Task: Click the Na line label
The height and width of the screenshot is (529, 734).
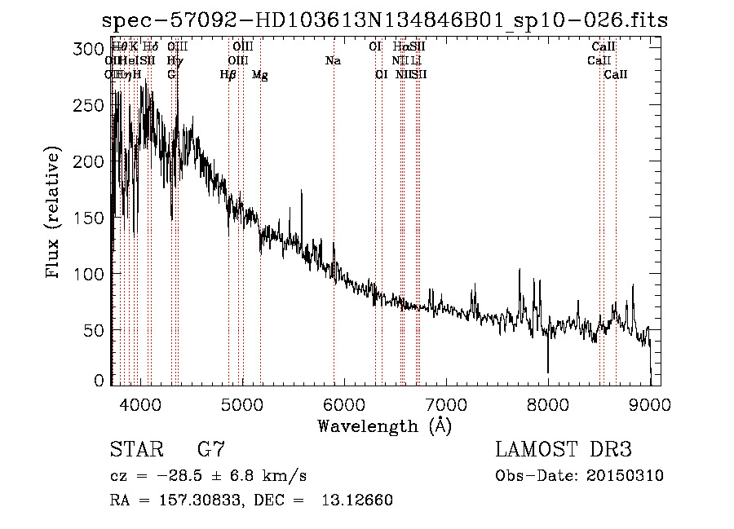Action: coord(333,60)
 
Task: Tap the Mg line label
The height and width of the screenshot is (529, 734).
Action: coord(259,75)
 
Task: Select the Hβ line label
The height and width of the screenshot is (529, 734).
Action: coord(228,75)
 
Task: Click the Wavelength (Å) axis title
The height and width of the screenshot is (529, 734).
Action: coord(384,425)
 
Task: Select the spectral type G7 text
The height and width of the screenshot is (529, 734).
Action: coord(211,450)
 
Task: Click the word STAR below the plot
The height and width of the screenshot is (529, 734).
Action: coord(137,450)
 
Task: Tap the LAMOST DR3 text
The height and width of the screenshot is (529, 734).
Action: coord(564,450)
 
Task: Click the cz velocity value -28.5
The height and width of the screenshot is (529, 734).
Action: coord(175,476)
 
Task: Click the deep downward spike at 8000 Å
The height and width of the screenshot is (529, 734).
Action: coord(548,367)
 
